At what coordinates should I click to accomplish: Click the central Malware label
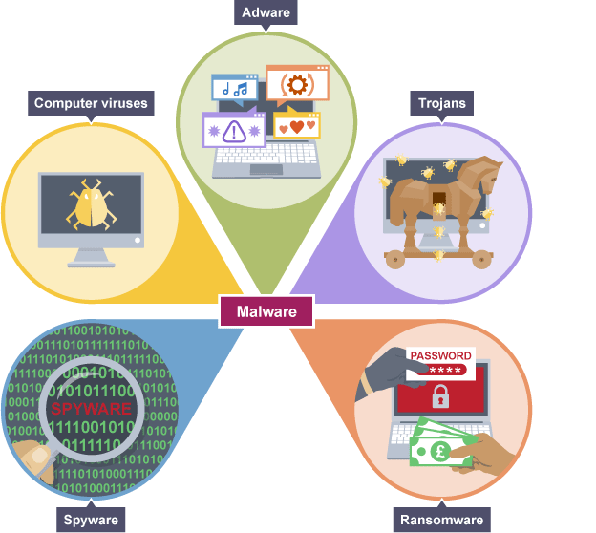tap(266, 311)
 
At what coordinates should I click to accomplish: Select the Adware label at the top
tap(266, 13)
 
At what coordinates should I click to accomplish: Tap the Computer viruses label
tap(92, 104)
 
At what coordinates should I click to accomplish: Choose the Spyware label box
tap(92, 520)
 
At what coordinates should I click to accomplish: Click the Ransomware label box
tap(439, 520)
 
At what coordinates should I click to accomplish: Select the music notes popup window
tap(234, 89)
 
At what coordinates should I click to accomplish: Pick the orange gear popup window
tap(296, 84)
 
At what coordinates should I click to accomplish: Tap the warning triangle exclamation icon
tap(233, 130)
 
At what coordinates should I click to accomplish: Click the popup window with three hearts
tap(296, 125)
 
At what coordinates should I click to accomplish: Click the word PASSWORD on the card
tap(440, 355)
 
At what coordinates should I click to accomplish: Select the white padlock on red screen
tap(440, 394)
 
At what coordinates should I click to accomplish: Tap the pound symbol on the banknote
tap(440, 449)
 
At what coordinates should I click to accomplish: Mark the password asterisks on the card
tap(445, 370)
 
